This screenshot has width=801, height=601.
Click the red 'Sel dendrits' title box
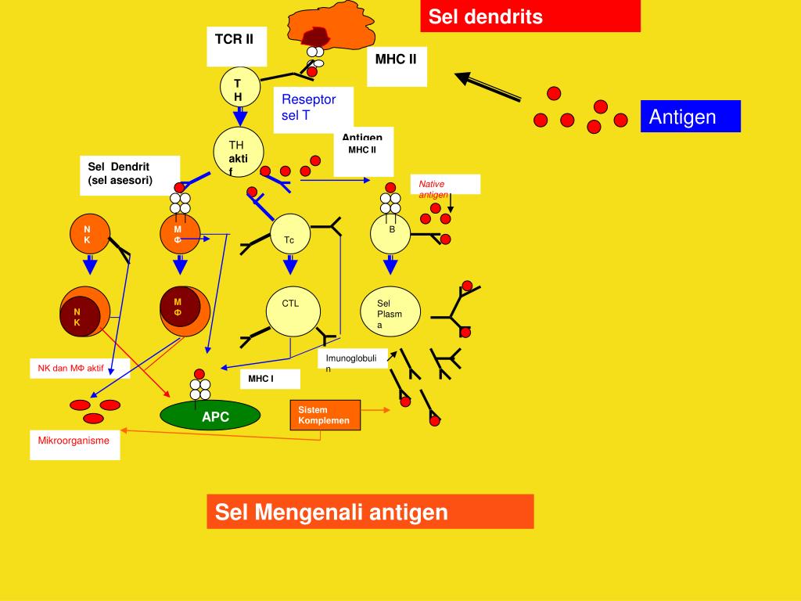(x=530, y=16)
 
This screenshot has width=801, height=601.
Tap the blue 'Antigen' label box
(x=689, y=117)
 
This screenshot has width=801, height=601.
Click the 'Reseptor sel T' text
(x=309, y=107)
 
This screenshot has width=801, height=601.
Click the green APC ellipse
(x=210, y=416)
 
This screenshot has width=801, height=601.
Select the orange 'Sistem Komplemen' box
(x=325, y=415)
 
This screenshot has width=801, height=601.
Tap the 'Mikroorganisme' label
(x=75, y=441)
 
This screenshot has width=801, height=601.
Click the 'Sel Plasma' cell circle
(x=391, y=314)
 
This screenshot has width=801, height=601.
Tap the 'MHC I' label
(x=269, y=380)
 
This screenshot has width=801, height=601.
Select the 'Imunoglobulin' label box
(x=351, y=361)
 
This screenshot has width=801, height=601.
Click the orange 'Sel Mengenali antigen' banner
(x=370, y=512)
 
